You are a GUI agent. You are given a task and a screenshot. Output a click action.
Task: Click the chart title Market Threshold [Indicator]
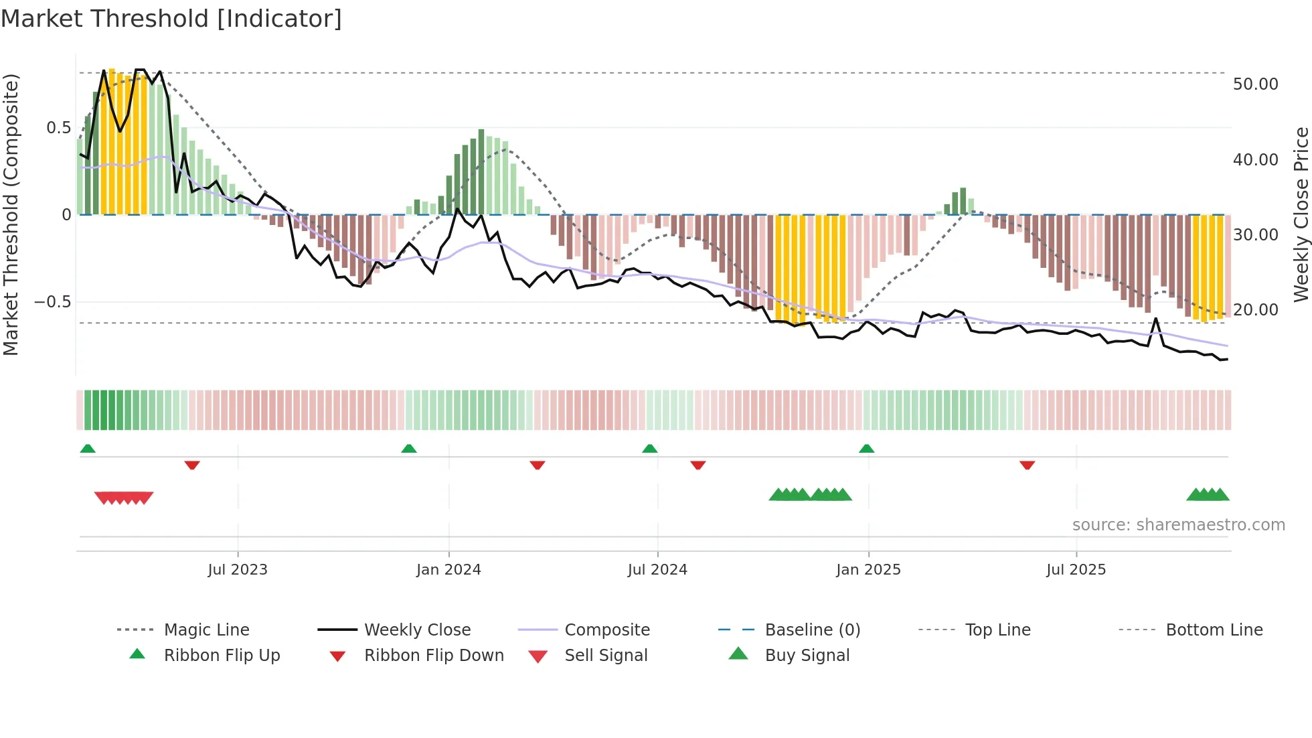[x=171, y=19]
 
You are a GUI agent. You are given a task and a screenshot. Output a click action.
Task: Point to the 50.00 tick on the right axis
[x=1255, y=84]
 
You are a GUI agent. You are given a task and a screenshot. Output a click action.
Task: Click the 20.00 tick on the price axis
[x=1255, y=310]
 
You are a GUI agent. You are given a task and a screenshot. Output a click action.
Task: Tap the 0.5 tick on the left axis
[x=58, y=128]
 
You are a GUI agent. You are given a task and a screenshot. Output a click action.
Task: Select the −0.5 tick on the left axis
[x=53, y=302]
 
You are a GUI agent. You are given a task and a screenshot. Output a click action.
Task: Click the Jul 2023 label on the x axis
[x=237, y=570]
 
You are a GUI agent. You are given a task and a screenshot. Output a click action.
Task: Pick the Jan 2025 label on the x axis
[x=868, y=570]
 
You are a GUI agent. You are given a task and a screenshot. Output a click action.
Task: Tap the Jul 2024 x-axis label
[x=657, y=570]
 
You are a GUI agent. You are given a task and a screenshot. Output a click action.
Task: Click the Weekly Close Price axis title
[x=1300, y=214]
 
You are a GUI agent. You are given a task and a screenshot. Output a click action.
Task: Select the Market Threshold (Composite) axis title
[x=11, y=214]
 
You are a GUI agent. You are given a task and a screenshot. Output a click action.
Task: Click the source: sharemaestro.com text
[x=1178, y=525]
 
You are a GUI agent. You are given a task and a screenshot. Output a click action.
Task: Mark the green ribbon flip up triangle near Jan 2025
[x=866, y=449]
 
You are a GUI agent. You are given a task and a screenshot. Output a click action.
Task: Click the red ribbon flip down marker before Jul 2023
[x=192, y=465]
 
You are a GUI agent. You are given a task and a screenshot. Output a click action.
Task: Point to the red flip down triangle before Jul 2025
[x=1027, y=465]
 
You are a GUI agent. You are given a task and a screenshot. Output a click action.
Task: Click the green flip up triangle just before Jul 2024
[x=649, y=449]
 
